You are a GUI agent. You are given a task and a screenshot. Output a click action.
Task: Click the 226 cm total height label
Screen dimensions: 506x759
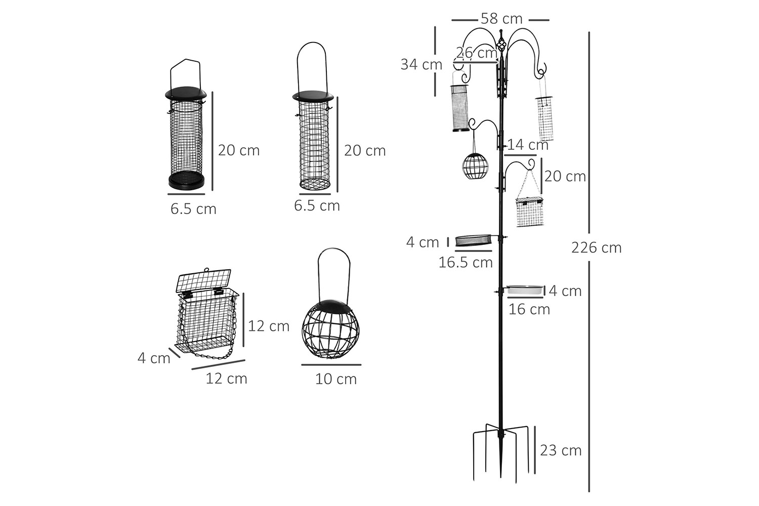(x=596, y=248)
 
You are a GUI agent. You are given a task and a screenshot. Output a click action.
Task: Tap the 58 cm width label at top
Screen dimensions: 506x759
(x=501, y=19)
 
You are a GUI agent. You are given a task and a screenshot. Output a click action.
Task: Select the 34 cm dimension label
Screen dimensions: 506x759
(x=421, y=65)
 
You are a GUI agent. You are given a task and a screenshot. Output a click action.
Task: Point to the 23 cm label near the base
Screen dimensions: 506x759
(x=561, y=450)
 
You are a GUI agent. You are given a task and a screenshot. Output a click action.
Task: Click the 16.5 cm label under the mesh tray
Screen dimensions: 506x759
(x=466, y=263)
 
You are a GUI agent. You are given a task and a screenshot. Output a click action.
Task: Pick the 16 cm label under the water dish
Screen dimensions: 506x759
(x=529, y=309)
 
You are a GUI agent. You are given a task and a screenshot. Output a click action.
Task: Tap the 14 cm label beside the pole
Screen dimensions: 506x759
(x=528, y=145)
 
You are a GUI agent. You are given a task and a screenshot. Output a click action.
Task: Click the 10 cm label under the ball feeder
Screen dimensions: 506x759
(x=336, y=379)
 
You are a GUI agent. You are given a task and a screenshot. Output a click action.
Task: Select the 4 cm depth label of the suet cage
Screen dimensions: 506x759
(x=154, y=358)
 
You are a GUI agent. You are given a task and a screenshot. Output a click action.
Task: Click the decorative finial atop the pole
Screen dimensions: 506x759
(x=501, y=43)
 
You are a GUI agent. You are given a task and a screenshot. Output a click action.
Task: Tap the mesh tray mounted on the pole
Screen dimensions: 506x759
(x=473, y=240)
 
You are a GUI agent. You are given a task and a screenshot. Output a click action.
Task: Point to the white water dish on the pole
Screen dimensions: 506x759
(x=525, y=290)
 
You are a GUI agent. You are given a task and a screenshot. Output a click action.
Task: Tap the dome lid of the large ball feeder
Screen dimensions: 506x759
(x=332, y=305)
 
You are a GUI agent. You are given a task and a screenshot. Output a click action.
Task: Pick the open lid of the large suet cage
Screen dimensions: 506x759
(x=203, y=279)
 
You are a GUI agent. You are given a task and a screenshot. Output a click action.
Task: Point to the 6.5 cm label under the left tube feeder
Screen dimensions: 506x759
(x=193, y=209)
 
